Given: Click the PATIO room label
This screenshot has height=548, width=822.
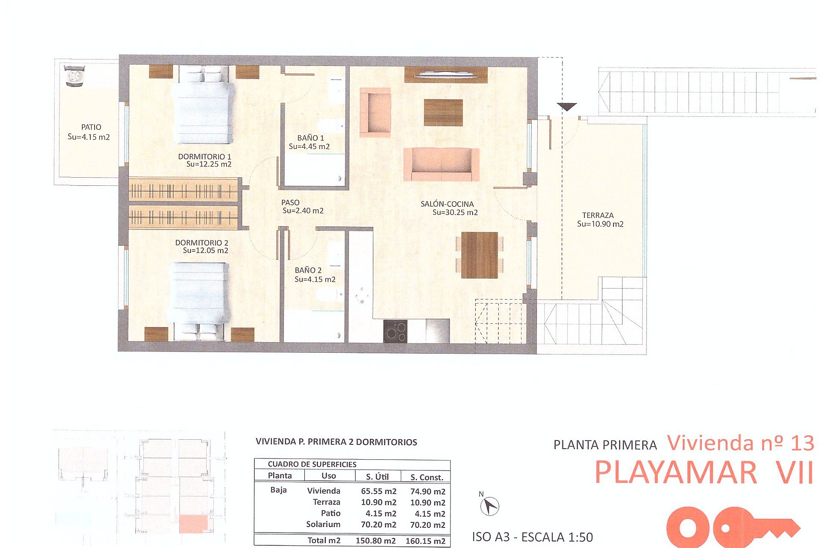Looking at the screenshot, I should pos(91,127).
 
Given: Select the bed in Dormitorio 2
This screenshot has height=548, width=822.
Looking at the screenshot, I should pos(200,295).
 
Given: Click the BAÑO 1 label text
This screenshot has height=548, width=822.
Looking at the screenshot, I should pos(310,138).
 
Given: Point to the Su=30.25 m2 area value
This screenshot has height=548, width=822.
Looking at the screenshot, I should pos(455,212).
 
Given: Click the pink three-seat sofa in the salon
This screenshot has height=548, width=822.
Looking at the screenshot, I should pos(441,164).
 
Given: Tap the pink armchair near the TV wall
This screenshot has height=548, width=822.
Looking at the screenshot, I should pos(375,112).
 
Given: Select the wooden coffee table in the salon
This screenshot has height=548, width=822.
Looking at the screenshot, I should pos(443,113).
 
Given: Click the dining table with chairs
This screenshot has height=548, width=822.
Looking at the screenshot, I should pos(479,255).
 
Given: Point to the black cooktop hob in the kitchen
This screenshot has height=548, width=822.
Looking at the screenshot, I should pos(395,331).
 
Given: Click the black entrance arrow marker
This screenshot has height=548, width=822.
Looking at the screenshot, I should pos(567,107).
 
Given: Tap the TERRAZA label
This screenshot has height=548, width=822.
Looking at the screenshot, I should pos(598,215).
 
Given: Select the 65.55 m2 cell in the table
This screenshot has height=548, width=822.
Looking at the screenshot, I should pos(378,491).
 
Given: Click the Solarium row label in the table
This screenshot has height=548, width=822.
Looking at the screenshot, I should pos(323,524).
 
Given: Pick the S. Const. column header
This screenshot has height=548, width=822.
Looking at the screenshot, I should pos(426,477).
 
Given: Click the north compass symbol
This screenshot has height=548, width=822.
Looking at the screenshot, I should pos(489,506).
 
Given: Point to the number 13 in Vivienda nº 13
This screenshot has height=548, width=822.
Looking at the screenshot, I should pos(802,444).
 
